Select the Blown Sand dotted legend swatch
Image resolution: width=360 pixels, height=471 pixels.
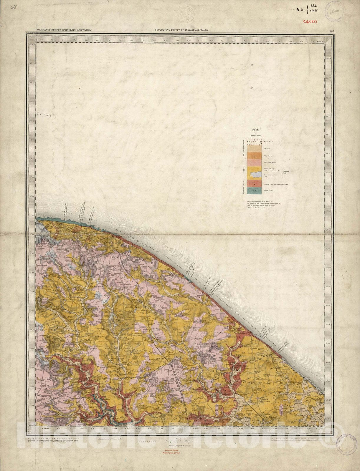coord(254,142)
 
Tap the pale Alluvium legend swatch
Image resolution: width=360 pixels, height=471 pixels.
coord(254,149)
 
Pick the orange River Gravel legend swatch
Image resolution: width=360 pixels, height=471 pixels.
coord(254,155)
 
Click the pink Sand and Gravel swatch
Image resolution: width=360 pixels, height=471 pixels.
coord(254,162)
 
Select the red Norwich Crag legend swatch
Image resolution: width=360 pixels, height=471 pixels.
coord(254,184)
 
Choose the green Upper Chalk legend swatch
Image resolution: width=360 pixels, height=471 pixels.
coord(254,191)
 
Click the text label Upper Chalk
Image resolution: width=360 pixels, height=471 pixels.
coord(268,191)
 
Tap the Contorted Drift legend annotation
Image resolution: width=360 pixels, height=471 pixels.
coord(287,172)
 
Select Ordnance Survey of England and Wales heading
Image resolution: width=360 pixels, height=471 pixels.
coord(64,30)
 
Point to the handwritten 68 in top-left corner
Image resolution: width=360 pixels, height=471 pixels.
coord(14,7)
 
